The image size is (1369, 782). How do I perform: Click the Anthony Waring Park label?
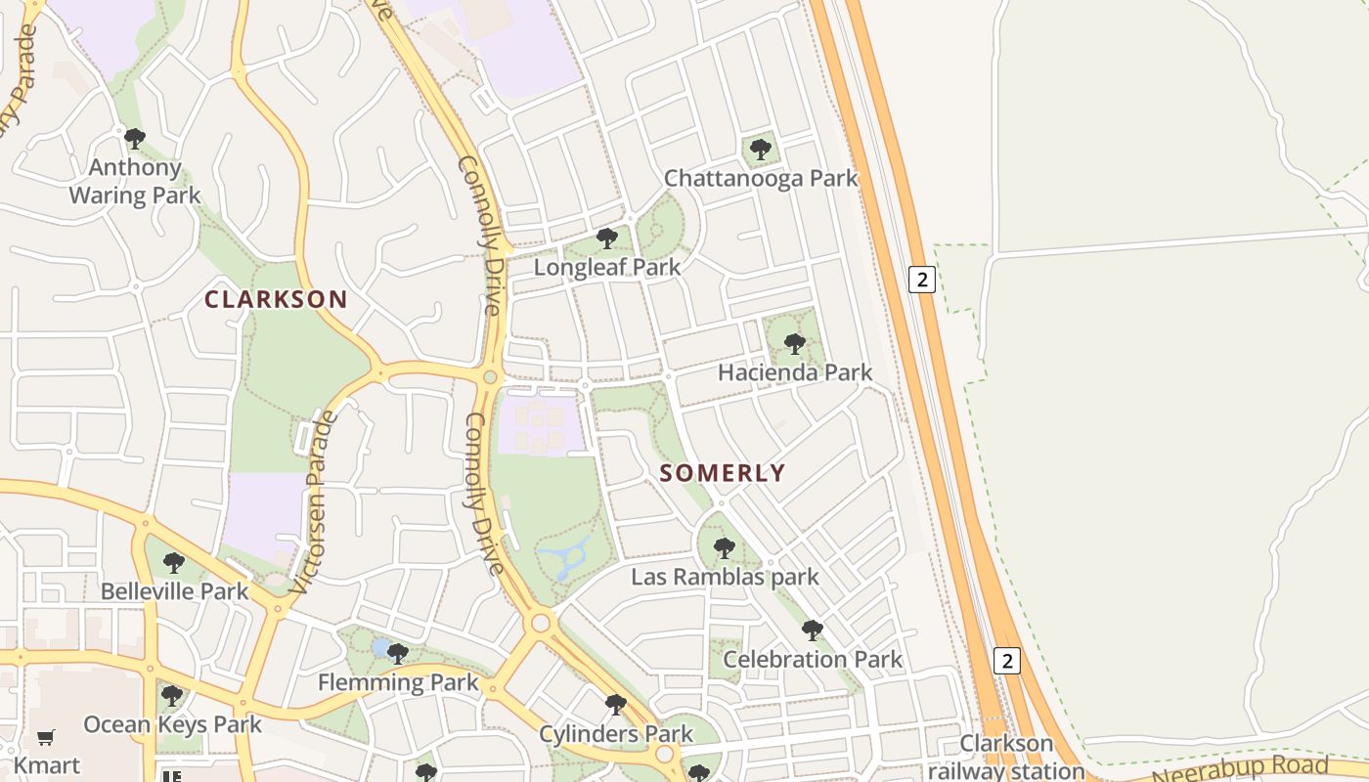click(x=134, y=182)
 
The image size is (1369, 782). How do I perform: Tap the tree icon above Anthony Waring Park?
click(x=135, y=139)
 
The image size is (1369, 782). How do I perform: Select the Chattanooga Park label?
click(x=761, y=179)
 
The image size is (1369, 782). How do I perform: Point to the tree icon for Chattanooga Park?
click(x=760, y=150)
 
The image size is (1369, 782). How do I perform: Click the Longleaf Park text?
click(x=607, y=267)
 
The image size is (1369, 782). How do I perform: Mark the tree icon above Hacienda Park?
click(x=795, y=343)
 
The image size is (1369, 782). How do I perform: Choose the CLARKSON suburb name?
click(x=276, y=300)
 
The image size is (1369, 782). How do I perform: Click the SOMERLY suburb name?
click(x=723, y=473)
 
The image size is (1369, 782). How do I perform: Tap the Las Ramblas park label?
click(x=725, y=577)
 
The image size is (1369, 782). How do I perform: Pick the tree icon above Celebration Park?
click(x=812, y=630)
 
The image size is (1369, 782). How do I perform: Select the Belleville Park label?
click(x=175, y=591)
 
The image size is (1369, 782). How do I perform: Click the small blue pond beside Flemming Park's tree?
click(x=379, y=648)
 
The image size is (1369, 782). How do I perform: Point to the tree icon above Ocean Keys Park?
click(x=172, y=696)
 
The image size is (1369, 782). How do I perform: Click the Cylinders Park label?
click(x=616, y=734)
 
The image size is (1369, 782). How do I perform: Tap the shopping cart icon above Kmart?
click(x=45, y=737)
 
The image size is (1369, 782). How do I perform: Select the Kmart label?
click(x=46, y=764)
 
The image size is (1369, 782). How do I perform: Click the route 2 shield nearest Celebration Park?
click(x=1006, y=660)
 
